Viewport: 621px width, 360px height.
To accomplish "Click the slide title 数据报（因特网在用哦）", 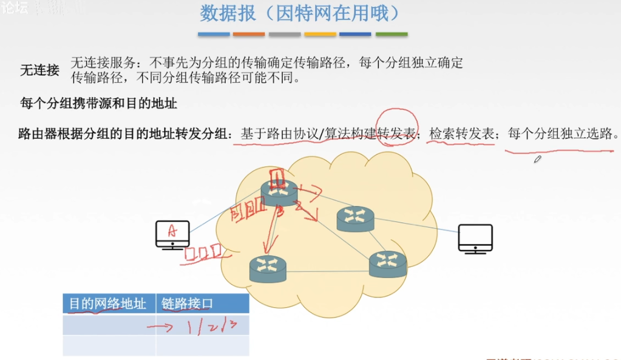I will (300, 13).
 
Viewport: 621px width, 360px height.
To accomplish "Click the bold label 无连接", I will (39, 70).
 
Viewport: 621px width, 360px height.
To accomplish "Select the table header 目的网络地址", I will (107, 304).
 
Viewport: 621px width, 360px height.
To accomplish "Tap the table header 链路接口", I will (187, 304).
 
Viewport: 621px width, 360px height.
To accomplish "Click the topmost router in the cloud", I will (280, 192).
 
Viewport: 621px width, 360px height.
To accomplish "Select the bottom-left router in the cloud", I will (267, 268).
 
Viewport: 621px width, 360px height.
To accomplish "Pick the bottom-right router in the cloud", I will (387, 263).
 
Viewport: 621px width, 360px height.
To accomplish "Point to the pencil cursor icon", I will (537, 159).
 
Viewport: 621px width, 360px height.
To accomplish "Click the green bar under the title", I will (392, 34).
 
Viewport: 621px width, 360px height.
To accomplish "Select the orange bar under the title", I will (249, 34).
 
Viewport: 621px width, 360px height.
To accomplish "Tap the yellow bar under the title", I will (320, 34).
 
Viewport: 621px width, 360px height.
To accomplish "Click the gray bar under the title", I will (285, 34).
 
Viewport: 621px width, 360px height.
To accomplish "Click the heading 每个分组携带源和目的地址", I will (98, 103).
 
